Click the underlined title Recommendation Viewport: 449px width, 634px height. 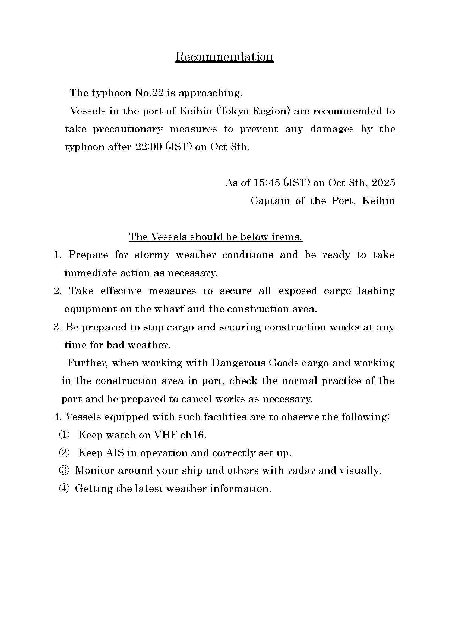224,57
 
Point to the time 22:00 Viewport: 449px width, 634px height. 148,147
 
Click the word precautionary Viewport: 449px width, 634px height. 128,129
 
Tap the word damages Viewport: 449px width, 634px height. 332,129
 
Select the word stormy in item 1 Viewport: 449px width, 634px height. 152,255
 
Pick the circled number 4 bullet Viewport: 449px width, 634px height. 64,489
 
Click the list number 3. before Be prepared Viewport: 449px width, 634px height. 58,327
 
